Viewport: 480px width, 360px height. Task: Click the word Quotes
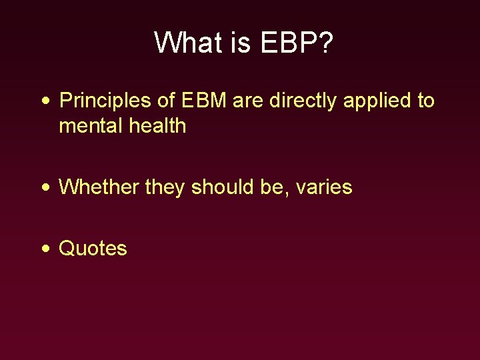point(93,249)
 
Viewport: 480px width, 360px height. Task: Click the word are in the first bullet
point(248,101)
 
